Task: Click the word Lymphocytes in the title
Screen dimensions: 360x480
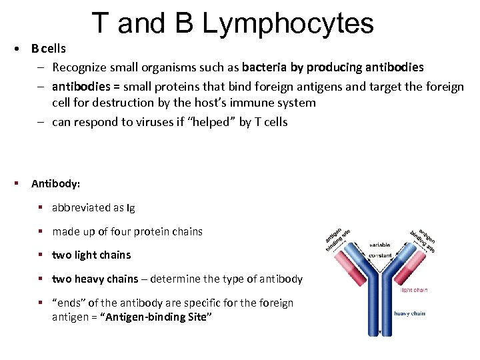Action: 288,23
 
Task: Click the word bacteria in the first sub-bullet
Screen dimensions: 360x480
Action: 265,67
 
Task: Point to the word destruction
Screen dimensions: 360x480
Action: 171,103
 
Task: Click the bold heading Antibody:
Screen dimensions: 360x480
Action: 55,183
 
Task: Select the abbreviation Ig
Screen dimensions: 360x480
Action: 130,207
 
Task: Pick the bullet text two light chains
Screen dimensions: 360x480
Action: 91,255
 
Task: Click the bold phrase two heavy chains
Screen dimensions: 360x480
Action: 95,279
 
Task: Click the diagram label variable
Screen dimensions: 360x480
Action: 381,245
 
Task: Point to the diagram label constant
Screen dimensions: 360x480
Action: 381,256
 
